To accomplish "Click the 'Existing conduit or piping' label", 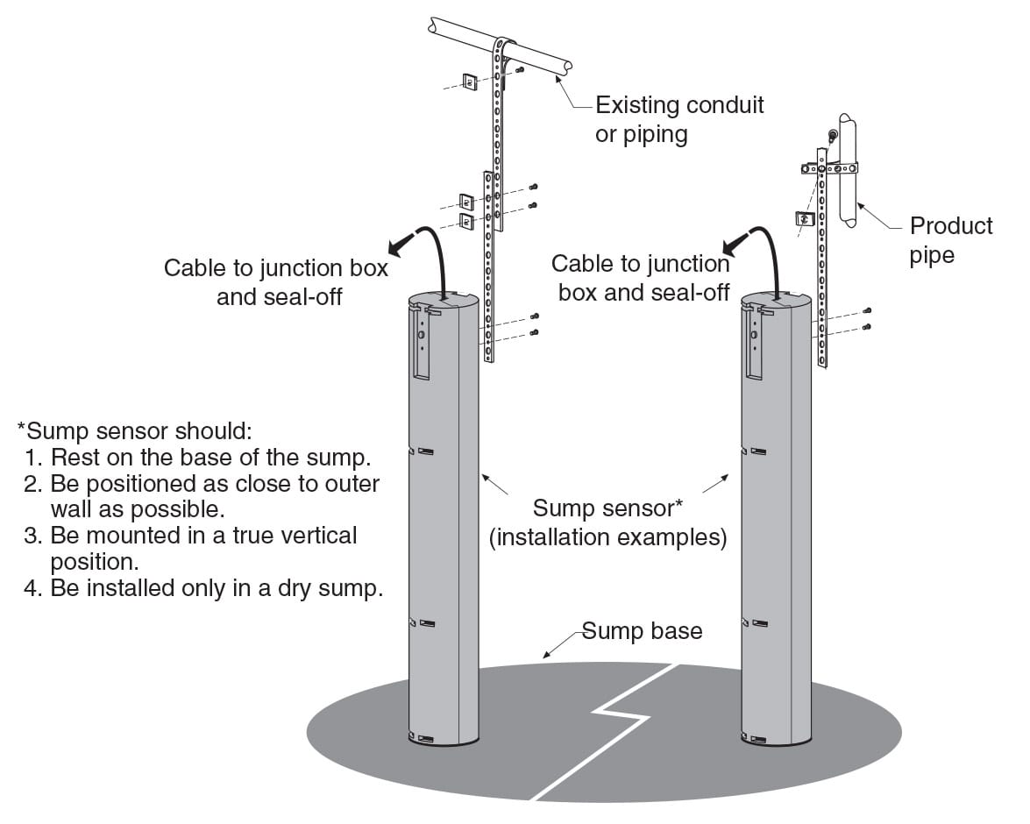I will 679,119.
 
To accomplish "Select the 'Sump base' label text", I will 643,631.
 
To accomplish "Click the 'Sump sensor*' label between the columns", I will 607,508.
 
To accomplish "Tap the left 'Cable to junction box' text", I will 275,282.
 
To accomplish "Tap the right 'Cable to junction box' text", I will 641,278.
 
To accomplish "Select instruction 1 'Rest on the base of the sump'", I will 210,457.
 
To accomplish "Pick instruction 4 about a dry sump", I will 217,588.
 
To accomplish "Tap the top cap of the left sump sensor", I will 444,302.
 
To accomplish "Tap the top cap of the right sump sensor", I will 776,301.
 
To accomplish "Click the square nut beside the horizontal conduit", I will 469,82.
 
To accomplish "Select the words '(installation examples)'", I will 607,537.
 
